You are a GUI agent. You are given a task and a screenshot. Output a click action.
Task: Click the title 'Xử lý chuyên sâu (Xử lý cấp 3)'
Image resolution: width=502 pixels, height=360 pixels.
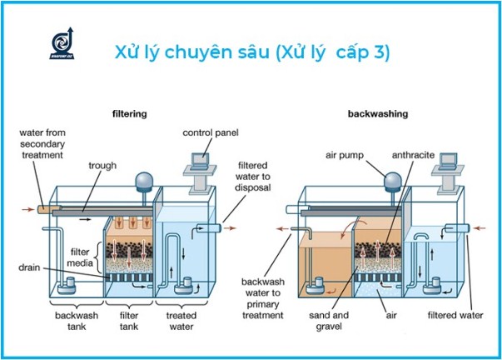252,52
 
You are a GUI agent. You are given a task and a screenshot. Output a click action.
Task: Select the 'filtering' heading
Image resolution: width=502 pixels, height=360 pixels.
130,112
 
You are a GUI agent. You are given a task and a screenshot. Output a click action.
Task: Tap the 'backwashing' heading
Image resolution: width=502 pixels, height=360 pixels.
375,112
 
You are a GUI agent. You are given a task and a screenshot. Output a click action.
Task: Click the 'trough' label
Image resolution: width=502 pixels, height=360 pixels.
103,165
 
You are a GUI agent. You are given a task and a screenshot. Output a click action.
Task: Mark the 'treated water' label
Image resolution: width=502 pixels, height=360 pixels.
181,322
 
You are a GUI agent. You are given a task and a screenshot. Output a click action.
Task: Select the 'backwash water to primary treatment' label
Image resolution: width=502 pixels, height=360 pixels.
264,297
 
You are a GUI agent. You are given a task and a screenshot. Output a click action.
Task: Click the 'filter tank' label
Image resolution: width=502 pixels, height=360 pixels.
129,322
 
